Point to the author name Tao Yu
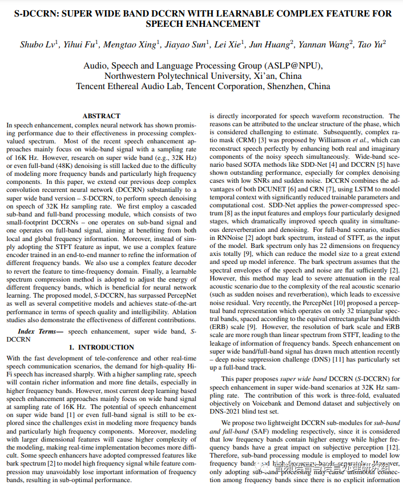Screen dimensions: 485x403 coord(372,45)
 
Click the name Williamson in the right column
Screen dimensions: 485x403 coord(336,140)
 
